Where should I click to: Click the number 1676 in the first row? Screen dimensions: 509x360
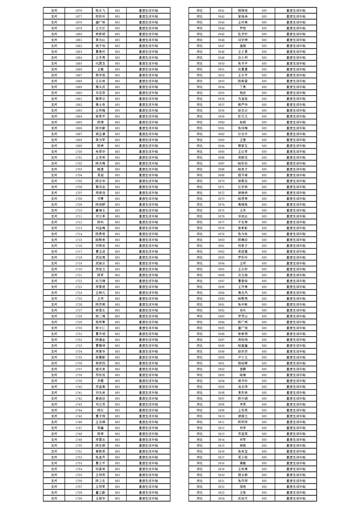[79, 10]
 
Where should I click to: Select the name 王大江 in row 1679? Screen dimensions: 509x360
[100, 28]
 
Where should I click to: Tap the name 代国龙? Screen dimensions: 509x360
[100, 63]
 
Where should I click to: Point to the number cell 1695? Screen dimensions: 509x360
[79, 122]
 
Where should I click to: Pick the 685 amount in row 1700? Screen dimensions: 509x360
[118, 152]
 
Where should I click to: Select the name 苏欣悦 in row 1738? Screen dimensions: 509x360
[100, 375]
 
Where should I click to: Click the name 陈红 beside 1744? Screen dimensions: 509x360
[100, 410]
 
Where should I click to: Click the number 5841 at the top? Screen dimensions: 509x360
[221, 10]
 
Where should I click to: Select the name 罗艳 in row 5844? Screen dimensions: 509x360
[243, 28]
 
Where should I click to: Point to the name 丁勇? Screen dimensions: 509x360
[243, 87]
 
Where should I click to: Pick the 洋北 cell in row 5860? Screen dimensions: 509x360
[200, 122]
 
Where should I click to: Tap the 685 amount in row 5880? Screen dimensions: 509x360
[264, 240]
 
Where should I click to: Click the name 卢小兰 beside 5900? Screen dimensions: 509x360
[243, 357]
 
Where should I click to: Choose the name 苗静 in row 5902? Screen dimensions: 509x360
[243, 369]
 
